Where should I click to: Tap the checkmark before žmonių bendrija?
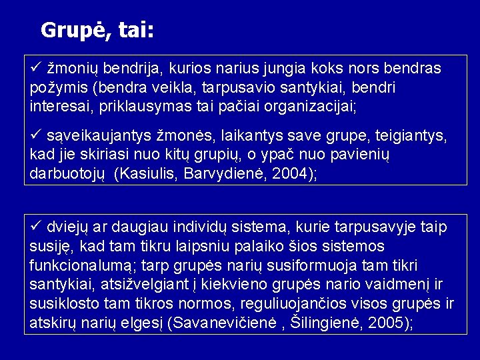[37, 67]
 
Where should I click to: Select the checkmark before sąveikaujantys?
[37, 136]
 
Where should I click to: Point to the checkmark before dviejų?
[37, 227]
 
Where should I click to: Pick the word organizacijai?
[313, 106]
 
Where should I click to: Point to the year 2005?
[390, 323]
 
